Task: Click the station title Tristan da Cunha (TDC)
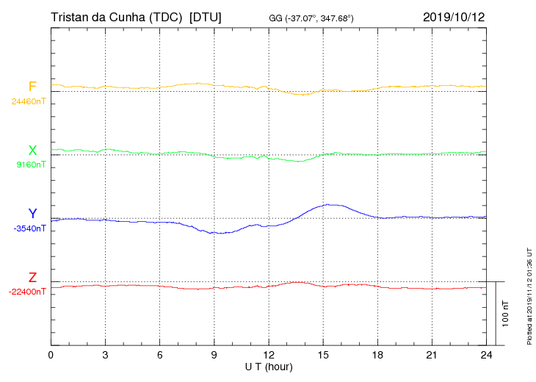tap(116, 17)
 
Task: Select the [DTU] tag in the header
tap(205, 17)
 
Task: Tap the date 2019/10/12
tap(454, 17)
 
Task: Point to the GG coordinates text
tap(311, 18)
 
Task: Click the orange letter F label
tap(32, 87)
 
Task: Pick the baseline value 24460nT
tap(29, 101)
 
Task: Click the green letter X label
tap(32, 151)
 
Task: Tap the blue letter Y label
tap(32, 214)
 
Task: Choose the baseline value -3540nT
tap(29, 228)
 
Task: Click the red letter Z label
tap(32, 278)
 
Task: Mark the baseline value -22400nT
tap(27, 292)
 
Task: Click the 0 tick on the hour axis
tap(51, 355)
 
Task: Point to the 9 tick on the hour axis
tap(214, 355)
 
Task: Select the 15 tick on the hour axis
tap(323, 355)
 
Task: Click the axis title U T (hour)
tap(269, 366)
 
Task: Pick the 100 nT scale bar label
tap(506, 314)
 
